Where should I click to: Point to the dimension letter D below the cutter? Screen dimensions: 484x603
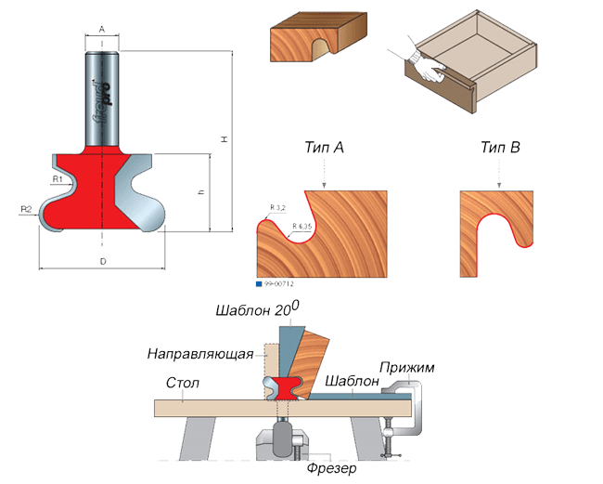pyautogui.click(x=102, y=263)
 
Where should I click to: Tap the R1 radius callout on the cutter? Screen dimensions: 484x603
pyautogui.click(x=57, y=177)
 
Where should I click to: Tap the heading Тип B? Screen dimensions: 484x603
pyautogui.click(x=501, y=148)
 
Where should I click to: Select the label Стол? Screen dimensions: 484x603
pyautogui.click(x=183, y=382)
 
